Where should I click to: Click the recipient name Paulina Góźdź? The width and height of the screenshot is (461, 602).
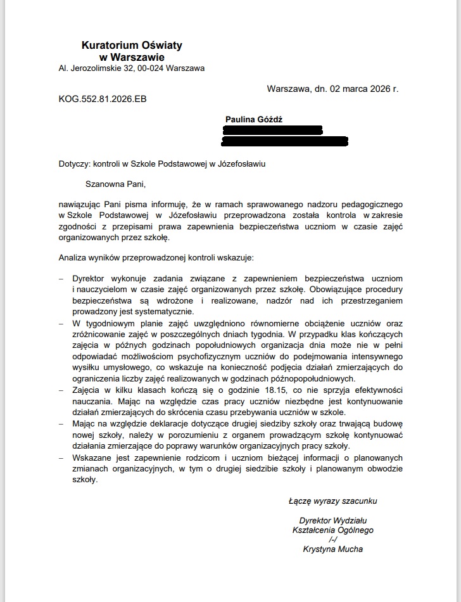point(255,119)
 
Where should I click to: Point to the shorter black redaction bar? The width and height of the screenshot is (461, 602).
point(274,130)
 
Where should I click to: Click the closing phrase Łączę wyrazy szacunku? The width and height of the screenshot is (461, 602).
point(332,501)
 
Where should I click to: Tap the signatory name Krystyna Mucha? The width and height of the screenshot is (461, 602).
point(333,549)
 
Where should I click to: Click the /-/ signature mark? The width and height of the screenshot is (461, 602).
point(333,540)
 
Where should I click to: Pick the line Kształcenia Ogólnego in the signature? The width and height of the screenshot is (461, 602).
point(333,530)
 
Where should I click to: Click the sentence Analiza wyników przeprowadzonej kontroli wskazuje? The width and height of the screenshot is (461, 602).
point(156,258)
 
